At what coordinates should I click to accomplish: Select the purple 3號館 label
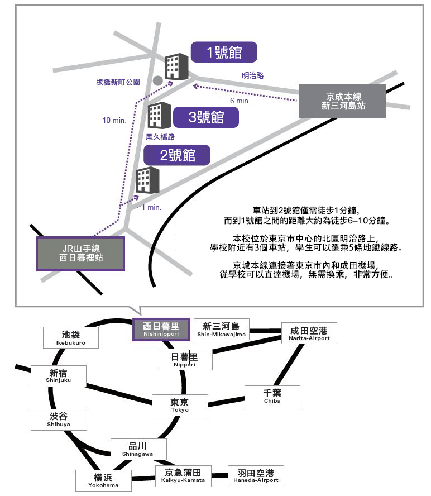coord(206,117)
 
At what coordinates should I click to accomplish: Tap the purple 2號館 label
coord(177,155)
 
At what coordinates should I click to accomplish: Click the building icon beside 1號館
coord(177,66)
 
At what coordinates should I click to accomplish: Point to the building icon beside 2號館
coord(148,180)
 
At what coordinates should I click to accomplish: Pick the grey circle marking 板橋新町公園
coord(158,80)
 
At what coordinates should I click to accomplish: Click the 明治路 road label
coord(252,75)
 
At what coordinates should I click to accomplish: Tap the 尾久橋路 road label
coord(160,136)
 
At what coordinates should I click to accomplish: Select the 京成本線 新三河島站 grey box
coord(343,101)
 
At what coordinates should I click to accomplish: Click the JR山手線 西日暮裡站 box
coord(80,254)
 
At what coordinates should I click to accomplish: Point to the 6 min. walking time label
coord(240,101)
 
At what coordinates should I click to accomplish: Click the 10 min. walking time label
coord(114,120)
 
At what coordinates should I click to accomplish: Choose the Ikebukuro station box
coord(71,337)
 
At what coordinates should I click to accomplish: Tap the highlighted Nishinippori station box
coord(161,329)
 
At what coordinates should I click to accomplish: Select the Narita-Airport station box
coord(309,333)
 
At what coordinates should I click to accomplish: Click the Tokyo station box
coord(180,405)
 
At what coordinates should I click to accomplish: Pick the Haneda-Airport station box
coord(255,476)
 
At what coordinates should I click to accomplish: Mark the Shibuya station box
coord(59,419)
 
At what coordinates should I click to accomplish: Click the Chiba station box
coord(272,396)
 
